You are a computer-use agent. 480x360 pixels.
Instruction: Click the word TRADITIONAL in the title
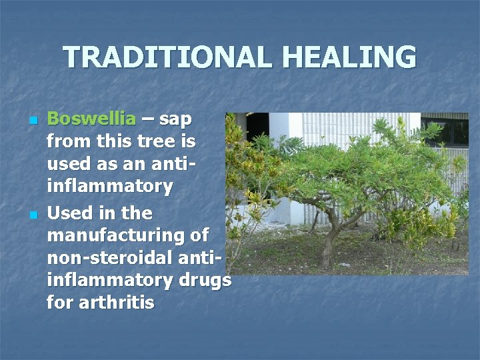click(167, 57)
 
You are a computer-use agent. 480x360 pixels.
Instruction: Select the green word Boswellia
click(91, 119)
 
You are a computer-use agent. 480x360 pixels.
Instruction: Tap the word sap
click(176, 119)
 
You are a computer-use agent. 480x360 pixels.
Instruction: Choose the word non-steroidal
click(117, 258)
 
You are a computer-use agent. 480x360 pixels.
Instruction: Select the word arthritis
click(117, 303)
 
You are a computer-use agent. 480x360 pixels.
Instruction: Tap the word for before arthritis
click(60, 303)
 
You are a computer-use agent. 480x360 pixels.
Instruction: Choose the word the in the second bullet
click(137, 213)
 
